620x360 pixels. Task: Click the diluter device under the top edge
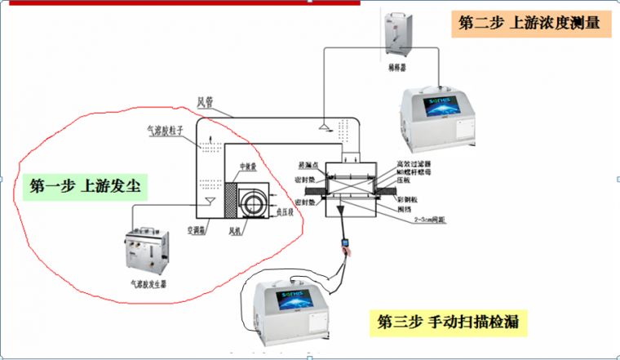click(x=398, y=29)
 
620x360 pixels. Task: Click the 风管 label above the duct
click(x=206, y=102)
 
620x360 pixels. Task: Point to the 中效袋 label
click(x=248, y=164)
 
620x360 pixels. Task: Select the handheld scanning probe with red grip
click(x=348, y=246)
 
